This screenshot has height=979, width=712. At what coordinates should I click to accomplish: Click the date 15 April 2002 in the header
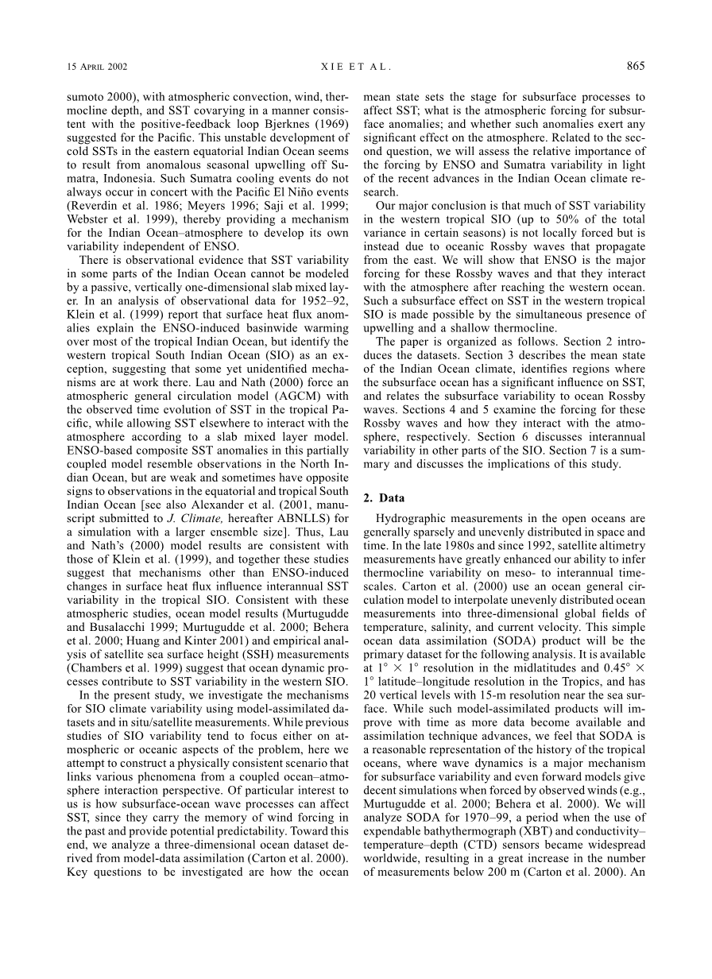coord(98,66)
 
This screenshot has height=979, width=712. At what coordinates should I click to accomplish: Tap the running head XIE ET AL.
coord(356,66)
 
